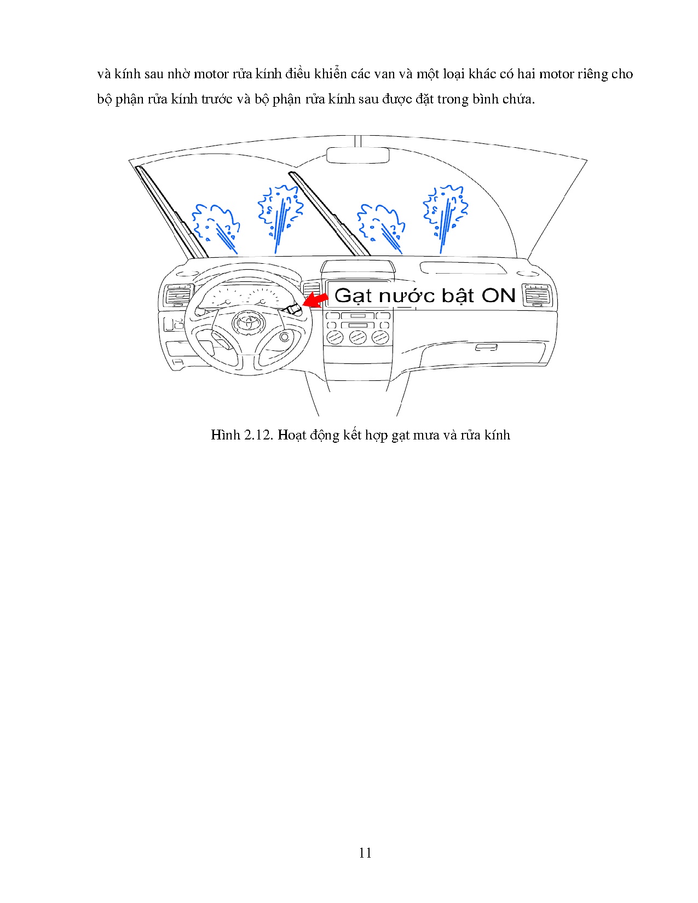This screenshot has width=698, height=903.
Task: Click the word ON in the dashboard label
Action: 498,296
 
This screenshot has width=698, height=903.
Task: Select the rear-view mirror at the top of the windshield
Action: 357,155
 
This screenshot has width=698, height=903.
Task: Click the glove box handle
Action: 486,348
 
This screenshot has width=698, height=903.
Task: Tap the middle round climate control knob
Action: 357,337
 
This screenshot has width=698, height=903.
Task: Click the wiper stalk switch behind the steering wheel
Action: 292,309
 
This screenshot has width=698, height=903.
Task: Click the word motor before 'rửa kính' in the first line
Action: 211,74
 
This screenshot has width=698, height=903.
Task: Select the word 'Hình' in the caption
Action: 226,435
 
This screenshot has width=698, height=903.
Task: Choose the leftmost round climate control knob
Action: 335,337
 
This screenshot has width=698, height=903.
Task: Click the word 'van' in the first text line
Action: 384,74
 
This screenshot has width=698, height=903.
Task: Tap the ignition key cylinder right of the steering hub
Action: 285,337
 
